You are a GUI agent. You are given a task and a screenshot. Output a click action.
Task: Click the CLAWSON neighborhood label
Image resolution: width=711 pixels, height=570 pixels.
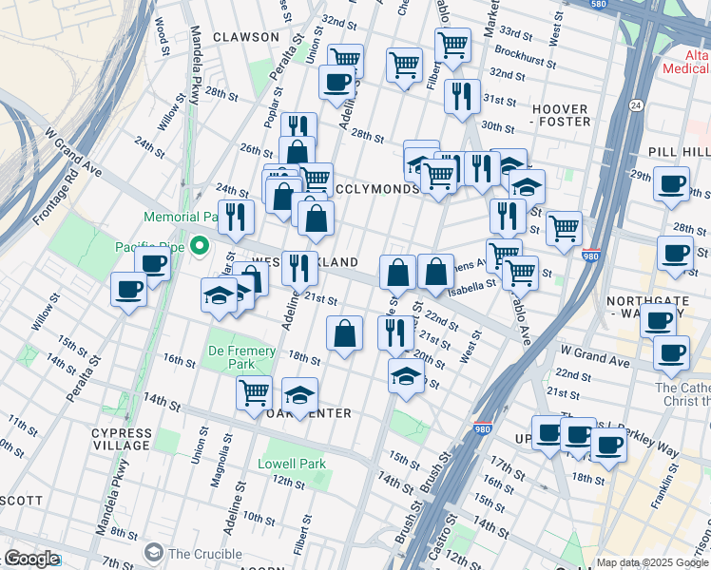pos(246,37)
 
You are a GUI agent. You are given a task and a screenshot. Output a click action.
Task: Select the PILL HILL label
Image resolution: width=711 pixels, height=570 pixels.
pos(679,152)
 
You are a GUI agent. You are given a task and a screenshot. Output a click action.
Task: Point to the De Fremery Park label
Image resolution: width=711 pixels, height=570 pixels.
pos(241,357)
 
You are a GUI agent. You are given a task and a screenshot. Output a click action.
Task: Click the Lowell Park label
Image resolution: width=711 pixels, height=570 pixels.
pos(292,465)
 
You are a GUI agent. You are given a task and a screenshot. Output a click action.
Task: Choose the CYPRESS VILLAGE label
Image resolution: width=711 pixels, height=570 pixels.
pos(122,439)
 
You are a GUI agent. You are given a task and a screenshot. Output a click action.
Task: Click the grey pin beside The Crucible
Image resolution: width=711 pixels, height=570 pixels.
pos(153,553)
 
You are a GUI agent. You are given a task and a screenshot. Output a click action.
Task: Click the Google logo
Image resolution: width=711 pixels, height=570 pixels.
pos(30,559)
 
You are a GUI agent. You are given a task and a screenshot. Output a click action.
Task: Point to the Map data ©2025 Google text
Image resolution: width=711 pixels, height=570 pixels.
pos(652,562)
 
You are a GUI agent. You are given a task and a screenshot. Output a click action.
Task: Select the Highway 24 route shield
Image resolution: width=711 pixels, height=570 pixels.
pos(635,104)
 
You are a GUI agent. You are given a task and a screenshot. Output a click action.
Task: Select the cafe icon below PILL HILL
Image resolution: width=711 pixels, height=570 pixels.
pos(671,182)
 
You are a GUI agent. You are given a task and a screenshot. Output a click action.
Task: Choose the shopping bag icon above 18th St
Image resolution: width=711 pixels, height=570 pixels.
pos(344,332)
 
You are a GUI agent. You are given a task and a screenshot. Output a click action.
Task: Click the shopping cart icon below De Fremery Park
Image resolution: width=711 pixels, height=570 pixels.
pos(254,391)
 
